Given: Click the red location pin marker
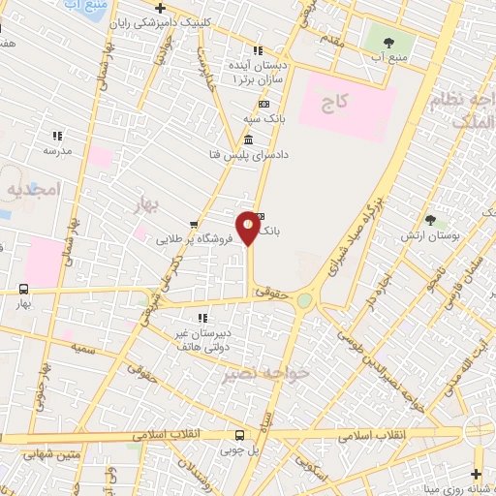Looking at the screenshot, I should (x=250, y=228).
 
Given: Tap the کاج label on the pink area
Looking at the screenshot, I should (x=339, y=100).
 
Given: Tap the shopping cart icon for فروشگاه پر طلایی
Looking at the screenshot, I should (x=194, y=222).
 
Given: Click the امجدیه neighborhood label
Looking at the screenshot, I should (x=31, y=189).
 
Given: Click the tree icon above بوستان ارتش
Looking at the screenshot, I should (x=429, y=221).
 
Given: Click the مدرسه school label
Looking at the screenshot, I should (x=56, y=152).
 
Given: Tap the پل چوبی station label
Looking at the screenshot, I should (x=256, y=449).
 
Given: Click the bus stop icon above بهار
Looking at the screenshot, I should (x=22, y=289).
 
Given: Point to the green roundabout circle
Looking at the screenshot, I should (x=304, y=300).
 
